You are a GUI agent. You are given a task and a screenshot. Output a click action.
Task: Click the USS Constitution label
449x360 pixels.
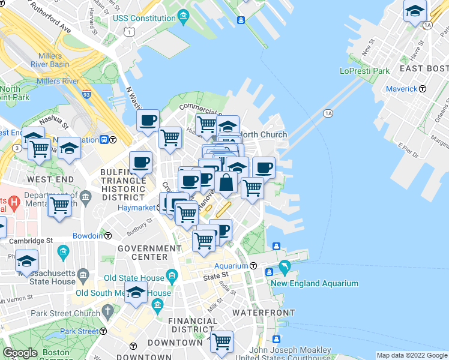click(146, 19)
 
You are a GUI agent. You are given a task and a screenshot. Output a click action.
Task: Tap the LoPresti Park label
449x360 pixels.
click(364, 71)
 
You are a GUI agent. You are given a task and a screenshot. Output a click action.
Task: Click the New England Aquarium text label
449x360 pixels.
click(314, 284)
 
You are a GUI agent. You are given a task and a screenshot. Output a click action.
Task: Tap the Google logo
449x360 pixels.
click(20, 353)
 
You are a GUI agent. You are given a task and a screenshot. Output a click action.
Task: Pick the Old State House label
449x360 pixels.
click(134, 278)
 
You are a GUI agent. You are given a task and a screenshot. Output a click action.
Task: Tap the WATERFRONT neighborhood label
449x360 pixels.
click(264, 313)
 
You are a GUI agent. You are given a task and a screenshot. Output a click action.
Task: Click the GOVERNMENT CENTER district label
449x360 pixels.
click(142, 252)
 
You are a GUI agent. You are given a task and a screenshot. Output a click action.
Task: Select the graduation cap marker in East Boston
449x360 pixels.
click(415, 12)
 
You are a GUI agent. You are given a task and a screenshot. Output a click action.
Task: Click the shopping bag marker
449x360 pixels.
click(226, 182)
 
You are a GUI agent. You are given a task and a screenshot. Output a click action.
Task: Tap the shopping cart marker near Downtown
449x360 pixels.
click(222, 341)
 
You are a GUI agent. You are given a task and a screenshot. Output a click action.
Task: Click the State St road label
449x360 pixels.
click(216, 275)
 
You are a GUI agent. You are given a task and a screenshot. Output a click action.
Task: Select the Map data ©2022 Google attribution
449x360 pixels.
click(411, 355)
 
